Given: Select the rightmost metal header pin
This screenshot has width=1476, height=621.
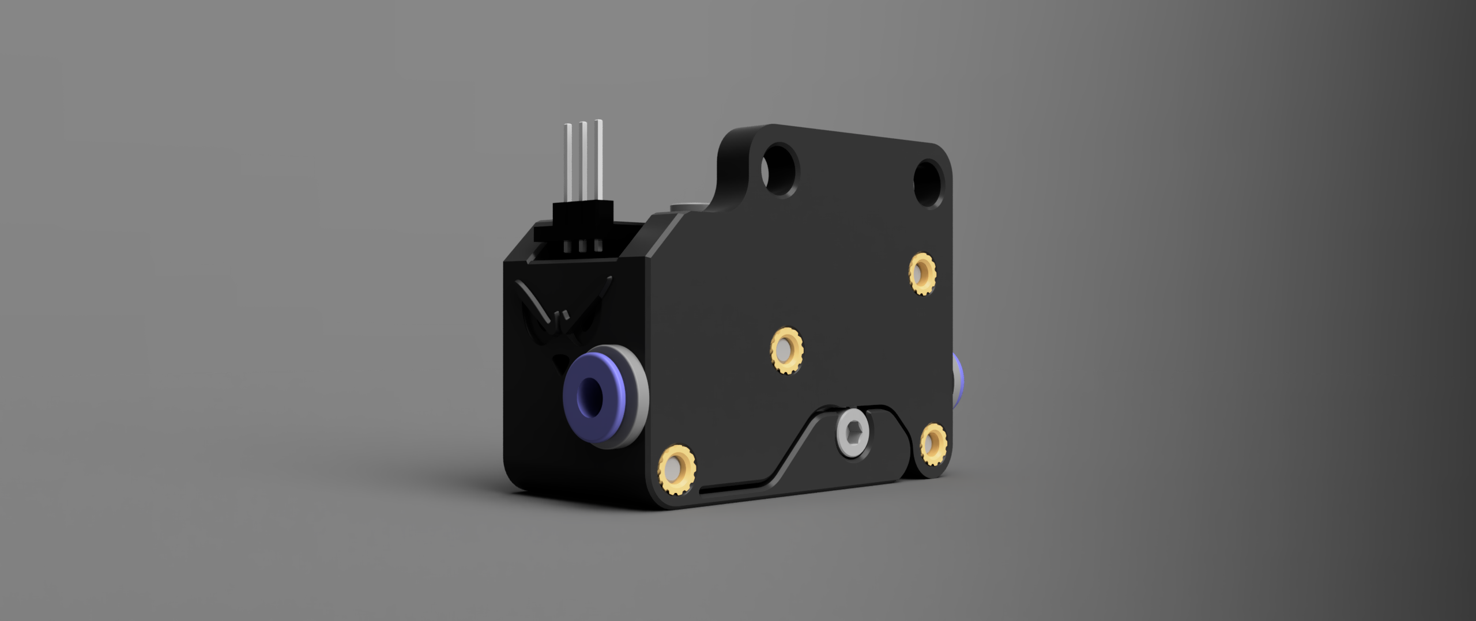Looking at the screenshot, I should (x=598, y=158).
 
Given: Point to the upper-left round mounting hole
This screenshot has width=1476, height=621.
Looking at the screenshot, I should (x=780, y=170).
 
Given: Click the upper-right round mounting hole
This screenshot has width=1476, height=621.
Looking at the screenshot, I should (x=928, y=183).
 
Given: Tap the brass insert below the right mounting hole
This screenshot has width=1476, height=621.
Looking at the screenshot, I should (x=922, y=274).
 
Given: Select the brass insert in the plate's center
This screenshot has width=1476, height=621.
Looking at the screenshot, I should (x=786, y=350).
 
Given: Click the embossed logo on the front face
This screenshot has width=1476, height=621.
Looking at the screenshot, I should (x=562, y=320).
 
